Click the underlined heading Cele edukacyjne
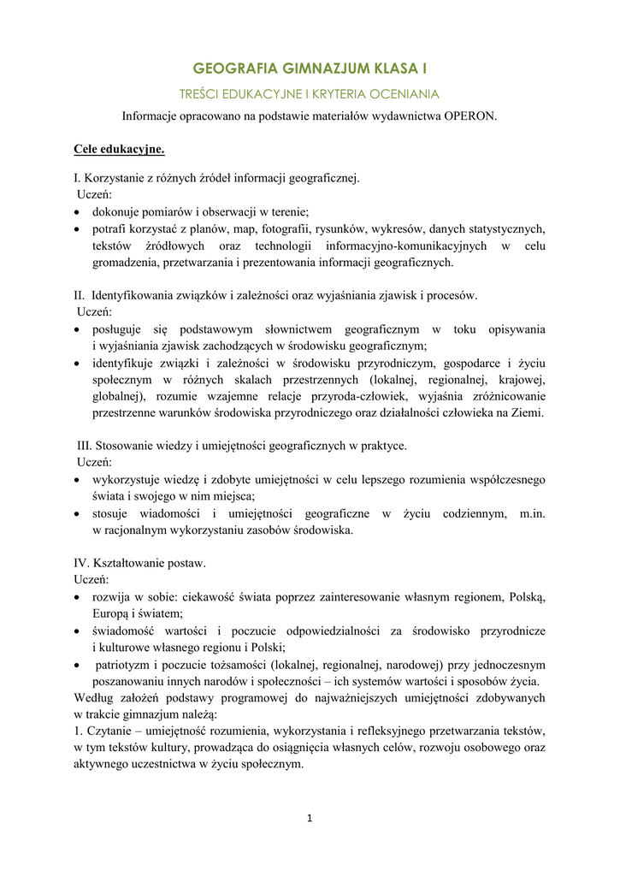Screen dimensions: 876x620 119,149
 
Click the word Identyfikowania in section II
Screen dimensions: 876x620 132,295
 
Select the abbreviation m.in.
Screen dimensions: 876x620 533,513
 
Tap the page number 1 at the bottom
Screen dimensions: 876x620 310,819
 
